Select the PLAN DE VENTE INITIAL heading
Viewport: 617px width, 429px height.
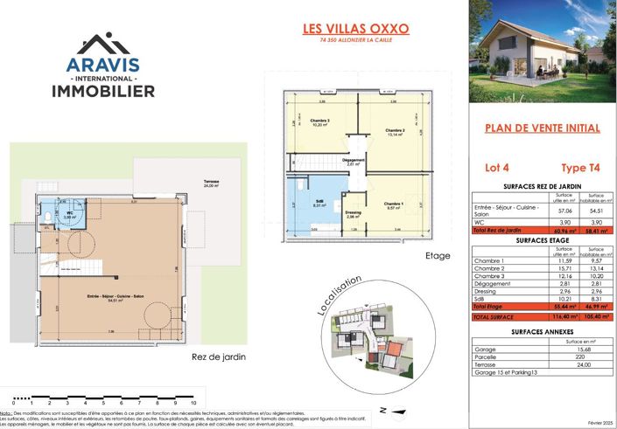click(542, 128)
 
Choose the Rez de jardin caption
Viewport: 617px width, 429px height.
click(217, 356)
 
